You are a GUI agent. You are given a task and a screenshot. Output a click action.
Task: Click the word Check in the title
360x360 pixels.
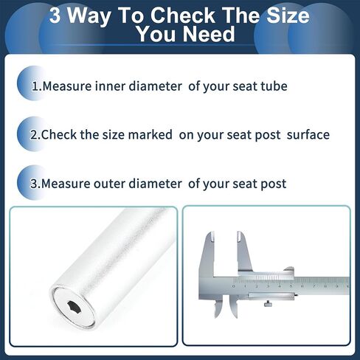click(183, 15)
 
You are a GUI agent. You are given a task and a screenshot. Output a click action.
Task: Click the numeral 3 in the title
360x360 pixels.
click(55, 15)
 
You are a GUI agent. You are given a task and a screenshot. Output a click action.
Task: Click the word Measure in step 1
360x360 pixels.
click(67, 86)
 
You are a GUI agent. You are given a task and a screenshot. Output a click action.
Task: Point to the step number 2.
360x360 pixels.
click(34, 135)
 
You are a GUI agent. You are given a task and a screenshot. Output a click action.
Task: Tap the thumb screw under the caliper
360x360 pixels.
click(268, 304)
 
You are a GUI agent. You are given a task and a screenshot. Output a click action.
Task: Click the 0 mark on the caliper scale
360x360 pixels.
click(233, 286)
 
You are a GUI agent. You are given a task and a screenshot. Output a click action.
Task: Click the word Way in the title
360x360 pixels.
click(89, 16)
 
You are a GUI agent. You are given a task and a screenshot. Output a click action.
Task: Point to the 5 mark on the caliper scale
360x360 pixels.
click(291, 286)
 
